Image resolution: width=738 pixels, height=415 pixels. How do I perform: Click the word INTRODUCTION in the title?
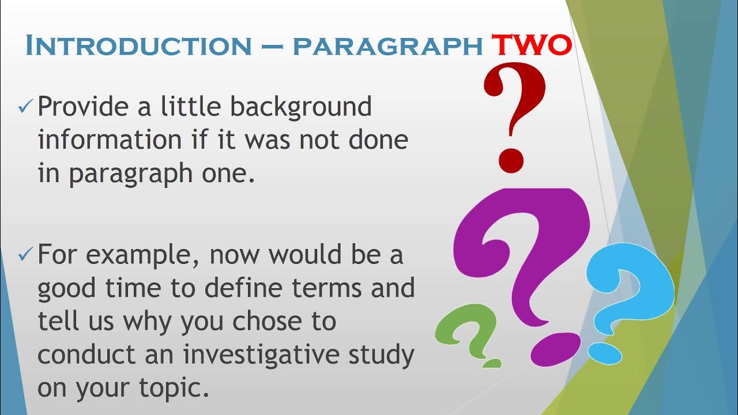tap(138, 46)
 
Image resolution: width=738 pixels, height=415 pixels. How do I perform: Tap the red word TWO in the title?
tap(530, 46)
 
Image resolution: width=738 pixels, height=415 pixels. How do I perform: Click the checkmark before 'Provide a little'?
tap(25, 107)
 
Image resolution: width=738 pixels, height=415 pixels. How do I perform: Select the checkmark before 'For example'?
tap(25, 254)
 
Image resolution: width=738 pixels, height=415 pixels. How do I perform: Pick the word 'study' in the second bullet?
tap(382, 355)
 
